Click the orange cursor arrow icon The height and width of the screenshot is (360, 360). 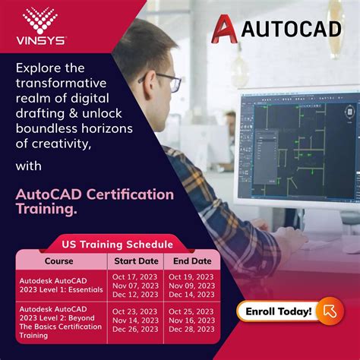tap(330, 311)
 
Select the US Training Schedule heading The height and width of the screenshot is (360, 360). tap(117, 245)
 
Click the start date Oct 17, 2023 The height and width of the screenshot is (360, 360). tap(136, 276)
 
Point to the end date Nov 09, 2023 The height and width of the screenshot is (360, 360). tap(192, 286)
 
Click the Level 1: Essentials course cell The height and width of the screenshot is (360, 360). tap(61, 286)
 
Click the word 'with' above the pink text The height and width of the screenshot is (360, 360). tap(30, 166)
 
